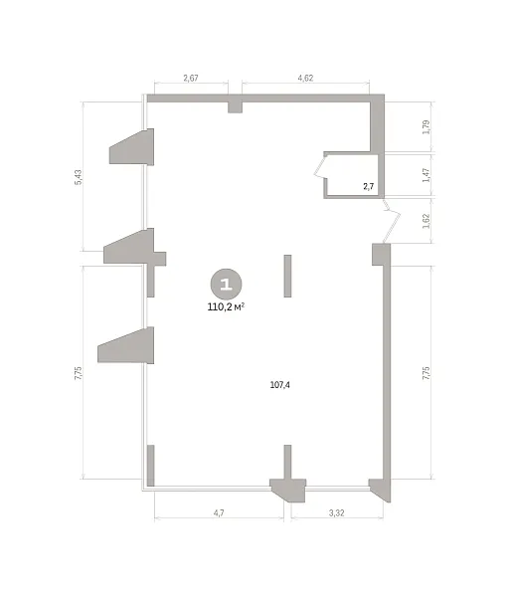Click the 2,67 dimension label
(x=191, y=78)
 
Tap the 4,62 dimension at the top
(x=305, y=78)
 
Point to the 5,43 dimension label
(x=78, y=177)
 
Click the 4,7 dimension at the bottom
(x=219, y=512)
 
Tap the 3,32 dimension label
(x=337, y=512)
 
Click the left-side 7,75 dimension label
(x=78, y=373)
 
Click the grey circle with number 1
(x=227, y=284)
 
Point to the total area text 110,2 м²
(x=226, y=306)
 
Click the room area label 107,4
(x=280, y=385)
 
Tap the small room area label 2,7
(x=369, y=187)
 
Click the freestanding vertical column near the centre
(x=287, y=276)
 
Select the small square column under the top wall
(x=235, y=107)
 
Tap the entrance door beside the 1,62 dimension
(x=392, y=221)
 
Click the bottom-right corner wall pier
(x=381, y=490)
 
